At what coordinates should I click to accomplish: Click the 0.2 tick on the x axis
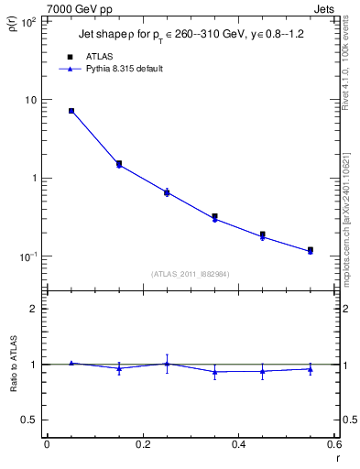point(143,444)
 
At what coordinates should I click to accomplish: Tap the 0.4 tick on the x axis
point(238,444)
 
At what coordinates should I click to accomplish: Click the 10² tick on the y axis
point(27,21)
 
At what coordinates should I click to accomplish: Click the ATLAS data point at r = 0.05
point(71,111)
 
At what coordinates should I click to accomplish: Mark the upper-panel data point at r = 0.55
point(310,250)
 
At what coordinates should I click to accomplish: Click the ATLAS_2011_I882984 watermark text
point(190,274)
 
